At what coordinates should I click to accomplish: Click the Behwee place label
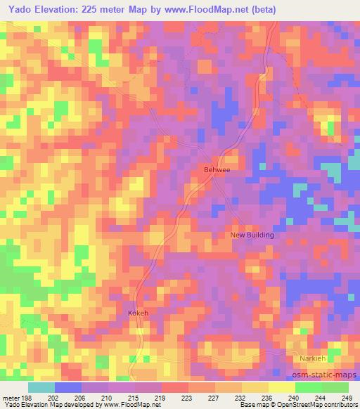(x=217, y=169)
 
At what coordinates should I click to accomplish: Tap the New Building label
(x=252, y=235)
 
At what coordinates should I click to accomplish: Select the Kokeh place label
(x=138, y=313)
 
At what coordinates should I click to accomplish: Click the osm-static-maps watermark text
(x=324, y=374)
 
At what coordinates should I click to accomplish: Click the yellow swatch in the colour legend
(x=281, y=387)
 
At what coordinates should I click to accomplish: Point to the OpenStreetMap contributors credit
(x=309, y=405)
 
